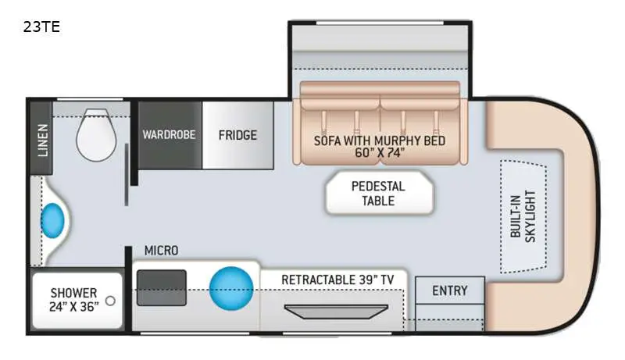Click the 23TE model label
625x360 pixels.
tap(42, 27)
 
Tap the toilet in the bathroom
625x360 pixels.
tap(96, 134)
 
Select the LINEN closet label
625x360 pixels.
tap(42, 139)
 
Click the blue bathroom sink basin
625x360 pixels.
tap(53, 220)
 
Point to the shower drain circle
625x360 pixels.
tap(111, 301)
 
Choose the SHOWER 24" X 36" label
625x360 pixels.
tap(74, 300)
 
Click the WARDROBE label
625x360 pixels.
tap(169, 134)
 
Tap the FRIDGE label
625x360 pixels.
tap(237, 135)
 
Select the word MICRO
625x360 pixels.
tap(161, 251)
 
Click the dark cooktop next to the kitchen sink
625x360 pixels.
tap(161, 287)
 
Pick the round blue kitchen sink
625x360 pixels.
tap(232, 288)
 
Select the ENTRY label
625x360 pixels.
tap(449, 290)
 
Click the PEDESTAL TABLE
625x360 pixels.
tap(378, 193)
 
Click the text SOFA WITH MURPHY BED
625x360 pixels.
tap(379, 141)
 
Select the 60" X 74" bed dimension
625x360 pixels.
tap(379, 153)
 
